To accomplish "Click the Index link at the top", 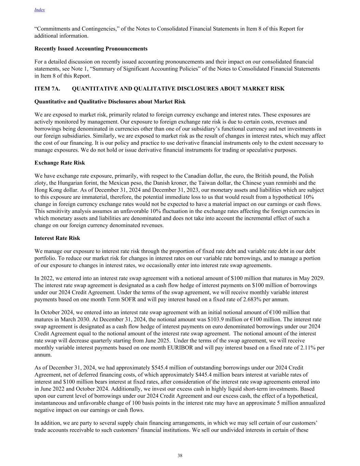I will (40, 10).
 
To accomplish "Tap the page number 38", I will (180, 455).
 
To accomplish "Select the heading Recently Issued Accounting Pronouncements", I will (91, 49).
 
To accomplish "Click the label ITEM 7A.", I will (47, 89).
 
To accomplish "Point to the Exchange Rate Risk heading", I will (60, 163).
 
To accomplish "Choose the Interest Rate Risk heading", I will (57, 238).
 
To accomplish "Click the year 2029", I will (317, 278).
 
